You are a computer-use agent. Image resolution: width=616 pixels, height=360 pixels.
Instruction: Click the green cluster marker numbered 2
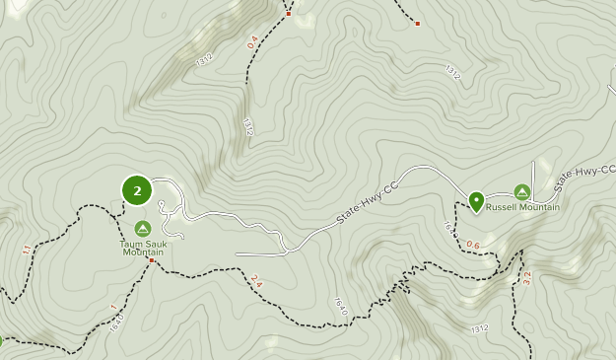tap(136, 190)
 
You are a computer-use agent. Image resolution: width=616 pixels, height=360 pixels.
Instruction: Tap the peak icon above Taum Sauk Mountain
tap(142, 228)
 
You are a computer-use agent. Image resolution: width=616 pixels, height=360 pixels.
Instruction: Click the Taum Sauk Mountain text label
tap(142, 247)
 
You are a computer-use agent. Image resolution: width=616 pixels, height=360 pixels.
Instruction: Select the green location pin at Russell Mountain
tap(476, 202)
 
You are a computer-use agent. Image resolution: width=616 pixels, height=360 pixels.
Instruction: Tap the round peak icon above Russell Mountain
tap(521, 192)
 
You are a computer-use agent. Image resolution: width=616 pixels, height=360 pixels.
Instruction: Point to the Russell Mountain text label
tap(522, 207)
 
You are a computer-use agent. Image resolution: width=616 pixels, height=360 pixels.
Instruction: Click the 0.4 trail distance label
tap(252, 43)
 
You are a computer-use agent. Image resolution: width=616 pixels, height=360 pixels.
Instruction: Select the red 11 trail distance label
tap(26, 251)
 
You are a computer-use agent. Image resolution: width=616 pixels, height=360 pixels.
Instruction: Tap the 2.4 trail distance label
tap(257, 282)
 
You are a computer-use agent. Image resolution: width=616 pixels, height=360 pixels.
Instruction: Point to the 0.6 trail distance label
tap(473, 245)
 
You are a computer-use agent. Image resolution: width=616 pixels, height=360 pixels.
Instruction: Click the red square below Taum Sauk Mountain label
tap(151, 260)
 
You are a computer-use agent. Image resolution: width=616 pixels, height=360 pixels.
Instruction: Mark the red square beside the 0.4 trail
tap(289, 14)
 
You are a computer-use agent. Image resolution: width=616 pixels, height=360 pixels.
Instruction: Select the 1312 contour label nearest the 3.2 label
tap(479, 328)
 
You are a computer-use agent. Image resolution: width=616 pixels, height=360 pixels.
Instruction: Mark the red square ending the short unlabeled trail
tap(418, 23)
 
